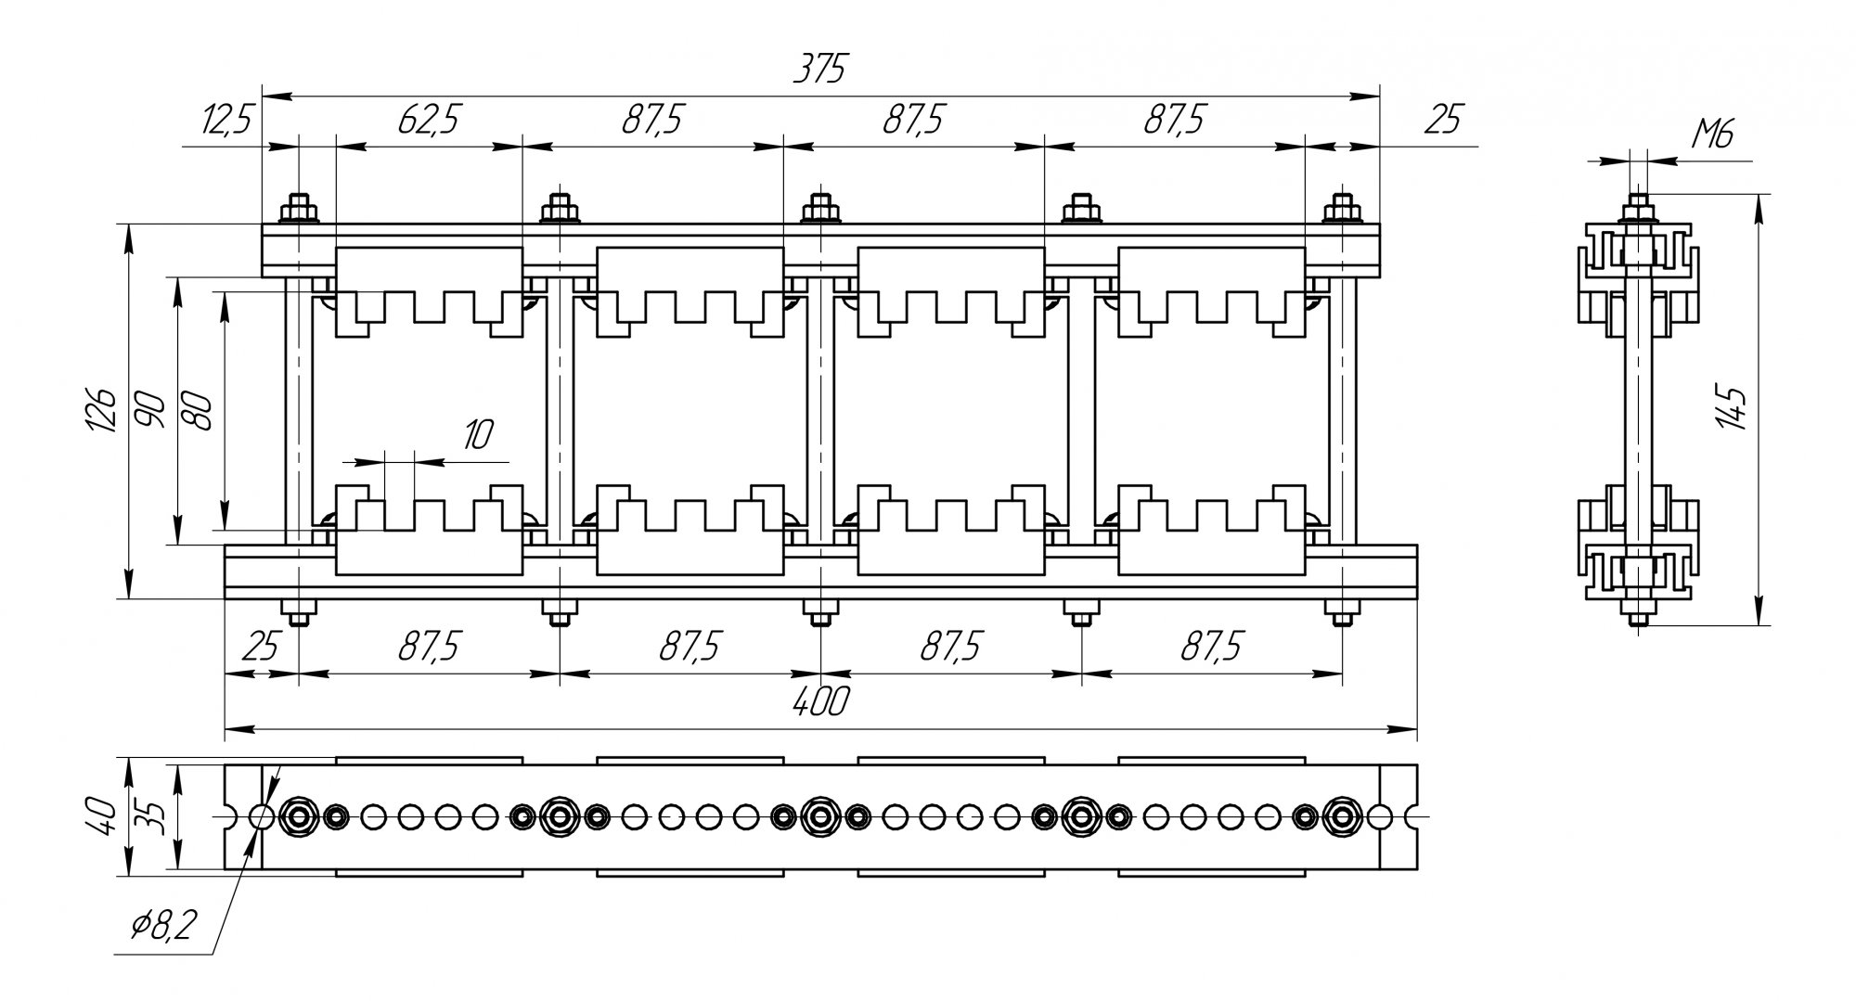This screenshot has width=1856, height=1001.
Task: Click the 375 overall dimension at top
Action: point(820,70)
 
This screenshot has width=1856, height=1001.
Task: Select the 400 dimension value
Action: point(821,702)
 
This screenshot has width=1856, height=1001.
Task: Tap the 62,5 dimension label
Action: point(428,121)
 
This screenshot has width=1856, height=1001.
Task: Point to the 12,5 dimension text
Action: point(225,121)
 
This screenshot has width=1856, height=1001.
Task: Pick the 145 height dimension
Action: point(1732,407)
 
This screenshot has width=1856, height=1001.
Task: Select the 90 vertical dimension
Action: point(152,409)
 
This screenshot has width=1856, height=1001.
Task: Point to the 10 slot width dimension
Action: point(477,434)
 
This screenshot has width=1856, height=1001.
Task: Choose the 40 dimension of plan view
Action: point(106,816)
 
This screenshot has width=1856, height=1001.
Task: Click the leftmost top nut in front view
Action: point(299,209)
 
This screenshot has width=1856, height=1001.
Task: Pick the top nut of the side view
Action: point(1639,209)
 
